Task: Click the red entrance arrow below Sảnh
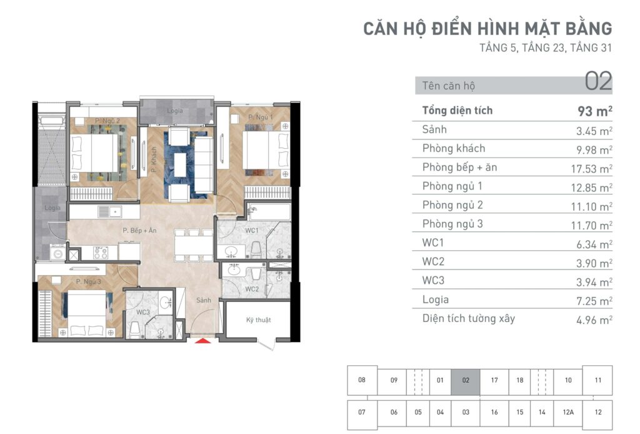(x=203, y=340)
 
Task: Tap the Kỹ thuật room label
(x=258, y=320)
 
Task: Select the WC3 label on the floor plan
(x=143, y=312)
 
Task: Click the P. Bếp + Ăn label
(x=139, y=230)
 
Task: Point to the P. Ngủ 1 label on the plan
(x=261, y=117)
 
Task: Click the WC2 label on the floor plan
(x=252, y=289)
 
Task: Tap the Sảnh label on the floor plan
(x=204, y=300)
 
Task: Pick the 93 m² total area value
(x=595, y=111)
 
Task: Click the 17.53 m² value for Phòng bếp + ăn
(x=591, y=169)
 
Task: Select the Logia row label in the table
(x=436, y=300)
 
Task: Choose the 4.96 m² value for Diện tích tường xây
(x=594, y=320)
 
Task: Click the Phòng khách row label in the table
(x=454, y=148)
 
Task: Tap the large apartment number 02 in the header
(x=598, y=81)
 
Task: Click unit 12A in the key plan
(x=568, y=412)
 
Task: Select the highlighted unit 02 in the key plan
(x=466, y=380)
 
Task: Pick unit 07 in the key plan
(x=362, y=412)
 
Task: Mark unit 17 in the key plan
(x=494, y=380)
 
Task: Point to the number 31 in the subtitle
(x=606, y=48)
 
